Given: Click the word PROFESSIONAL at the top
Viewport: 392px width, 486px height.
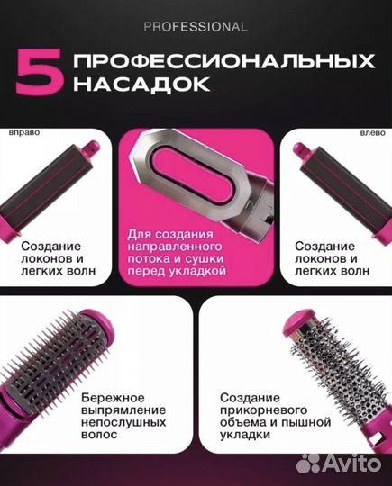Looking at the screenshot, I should coord(195,27).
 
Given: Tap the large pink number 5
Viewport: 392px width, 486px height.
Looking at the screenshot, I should coord(35,75).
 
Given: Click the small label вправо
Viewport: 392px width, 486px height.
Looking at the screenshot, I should coord(24,130).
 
